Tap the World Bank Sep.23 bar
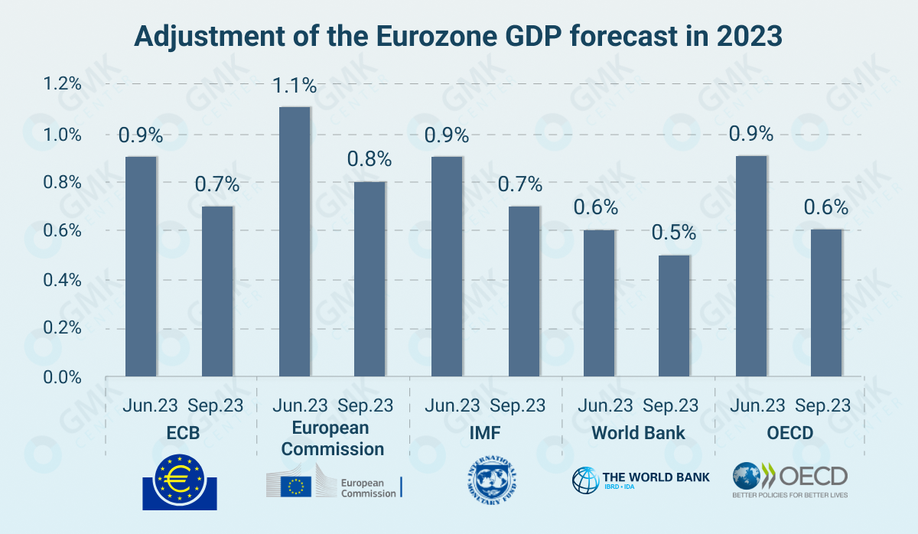674,316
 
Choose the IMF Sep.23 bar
523,291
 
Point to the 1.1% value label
295,84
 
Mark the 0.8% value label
369,159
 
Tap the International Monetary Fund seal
490,483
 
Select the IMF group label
485,433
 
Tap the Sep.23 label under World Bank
670,405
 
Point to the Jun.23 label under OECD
758,405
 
